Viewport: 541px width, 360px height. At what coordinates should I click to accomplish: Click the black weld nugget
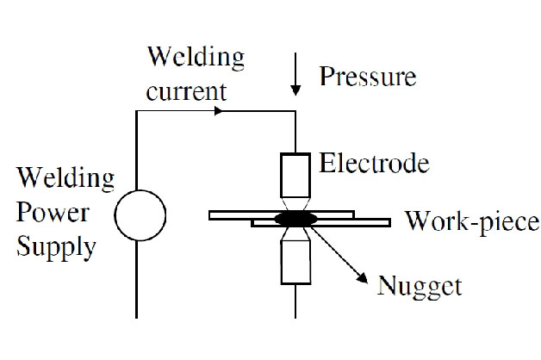point(295,219)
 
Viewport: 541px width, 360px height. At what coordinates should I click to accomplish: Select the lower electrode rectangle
point(295,262)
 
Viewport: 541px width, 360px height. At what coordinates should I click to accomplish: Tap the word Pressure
point(368,77)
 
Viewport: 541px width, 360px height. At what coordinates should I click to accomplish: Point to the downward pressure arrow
point(295,80)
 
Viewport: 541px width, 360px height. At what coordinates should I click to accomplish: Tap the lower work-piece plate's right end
point(385,222)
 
